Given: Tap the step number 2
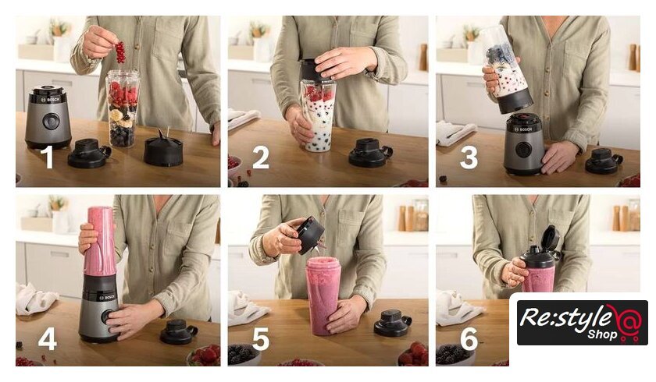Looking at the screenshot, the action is coord(261,157).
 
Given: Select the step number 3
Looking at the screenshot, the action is coord(469,157).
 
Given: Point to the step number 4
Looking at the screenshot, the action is coord(48,338).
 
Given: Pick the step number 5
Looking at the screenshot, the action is coord(260,338).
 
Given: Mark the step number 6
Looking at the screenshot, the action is coord(469,338).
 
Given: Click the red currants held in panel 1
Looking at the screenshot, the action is coord(120,51).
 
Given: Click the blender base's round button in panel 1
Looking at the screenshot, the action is coord(51,121).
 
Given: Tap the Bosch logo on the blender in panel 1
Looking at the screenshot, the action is coord(51,99).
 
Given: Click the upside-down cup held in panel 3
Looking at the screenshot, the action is coord(505,69).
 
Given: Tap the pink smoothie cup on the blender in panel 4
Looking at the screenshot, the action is coord(99,242).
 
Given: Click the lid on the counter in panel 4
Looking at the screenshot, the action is coord(179,332).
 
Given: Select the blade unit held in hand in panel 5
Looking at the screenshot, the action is coord(310,235).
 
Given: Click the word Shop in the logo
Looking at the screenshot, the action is coord(602,334).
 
